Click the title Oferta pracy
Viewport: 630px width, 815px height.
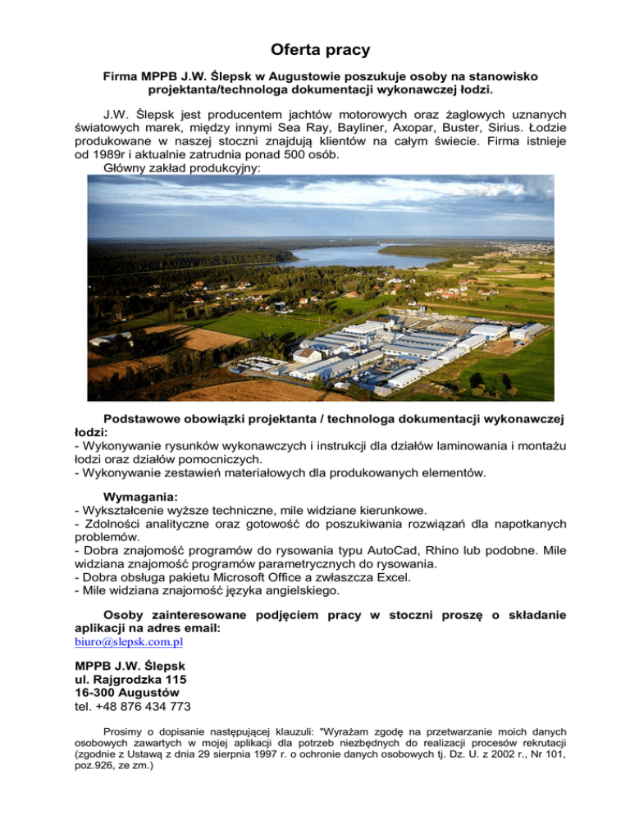click(315, 49)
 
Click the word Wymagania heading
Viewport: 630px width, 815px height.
click(140, 496)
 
